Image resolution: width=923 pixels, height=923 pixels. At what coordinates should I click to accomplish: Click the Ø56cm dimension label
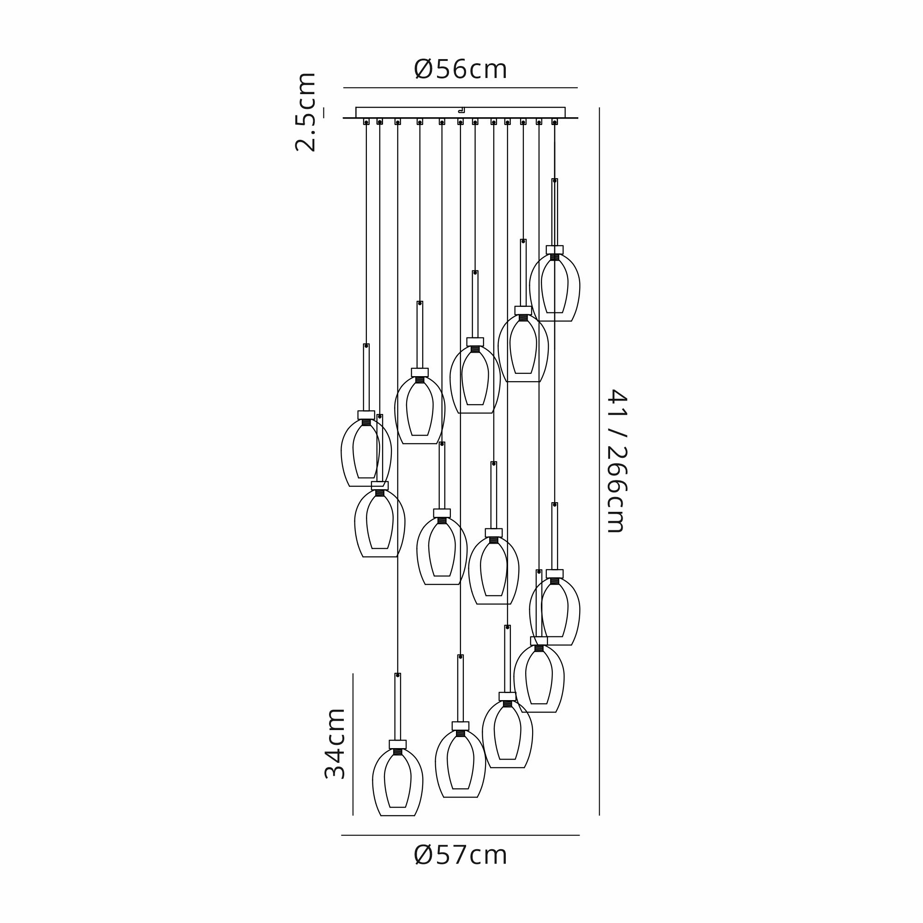[x=461, y=69]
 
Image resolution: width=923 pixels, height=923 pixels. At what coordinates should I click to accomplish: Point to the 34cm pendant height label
[x=335, y=744]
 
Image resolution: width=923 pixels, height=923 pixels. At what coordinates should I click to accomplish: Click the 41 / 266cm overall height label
[x=616, y=461]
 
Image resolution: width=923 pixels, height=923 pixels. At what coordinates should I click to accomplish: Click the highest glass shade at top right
[x=555, y=287]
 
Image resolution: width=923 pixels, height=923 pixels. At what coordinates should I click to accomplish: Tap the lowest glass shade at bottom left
[x=397, y=782]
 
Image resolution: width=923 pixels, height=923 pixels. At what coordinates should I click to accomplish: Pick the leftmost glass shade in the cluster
[x=366, y=452]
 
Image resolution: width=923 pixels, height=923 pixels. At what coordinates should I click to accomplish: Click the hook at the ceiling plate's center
[x=461, y=110]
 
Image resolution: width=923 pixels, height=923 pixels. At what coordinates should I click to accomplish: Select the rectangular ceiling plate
[x=461, y=112]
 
